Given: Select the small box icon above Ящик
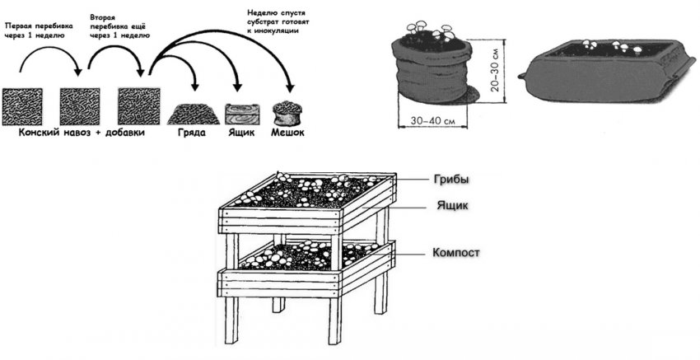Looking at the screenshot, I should pos(240,112).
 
